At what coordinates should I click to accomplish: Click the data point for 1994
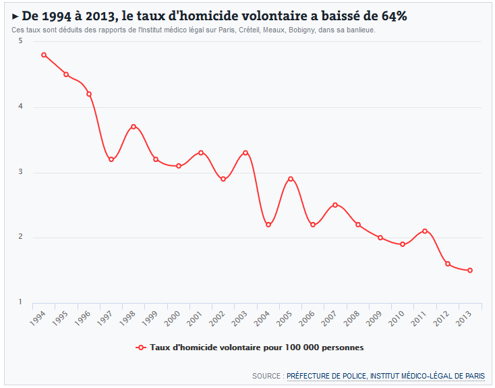[44, 55]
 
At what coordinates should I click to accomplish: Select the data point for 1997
[111, 159]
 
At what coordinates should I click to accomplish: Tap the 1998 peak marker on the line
[134, 126]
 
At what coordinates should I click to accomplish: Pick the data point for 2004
[268, 225]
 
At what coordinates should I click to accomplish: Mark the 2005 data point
[291, 179]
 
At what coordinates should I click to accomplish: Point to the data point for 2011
[425, 231]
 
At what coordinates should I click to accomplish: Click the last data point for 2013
[470, 270]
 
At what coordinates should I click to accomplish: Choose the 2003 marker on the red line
[245, 153]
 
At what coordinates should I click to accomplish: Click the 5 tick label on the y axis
[20, 41]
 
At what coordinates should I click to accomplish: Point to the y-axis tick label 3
[20, 172]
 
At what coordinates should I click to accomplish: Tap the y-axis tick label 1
[20, 302]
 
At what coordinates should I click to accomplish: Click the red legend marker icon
[141, 348]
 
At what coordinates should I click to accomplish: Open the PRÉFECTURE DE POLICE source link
[326, 376]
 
